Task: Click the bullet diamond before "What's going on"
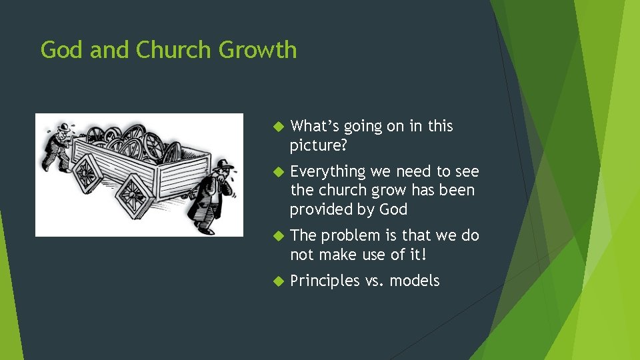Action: tap(279, 126)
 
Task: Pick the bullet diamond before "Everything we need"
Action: tap(279, 171)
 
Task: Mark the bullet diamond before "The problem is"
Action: tap(279, 235)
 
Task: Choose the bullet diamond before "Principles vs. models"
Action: tap(279, 281)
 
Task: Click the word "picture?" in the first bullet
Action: tap(319, 145)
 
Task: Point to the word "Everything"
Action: tap(328, 172)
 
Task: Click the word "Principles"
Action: tap(325, 281)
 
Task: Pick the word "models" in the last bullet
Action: tap(415, 281)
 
